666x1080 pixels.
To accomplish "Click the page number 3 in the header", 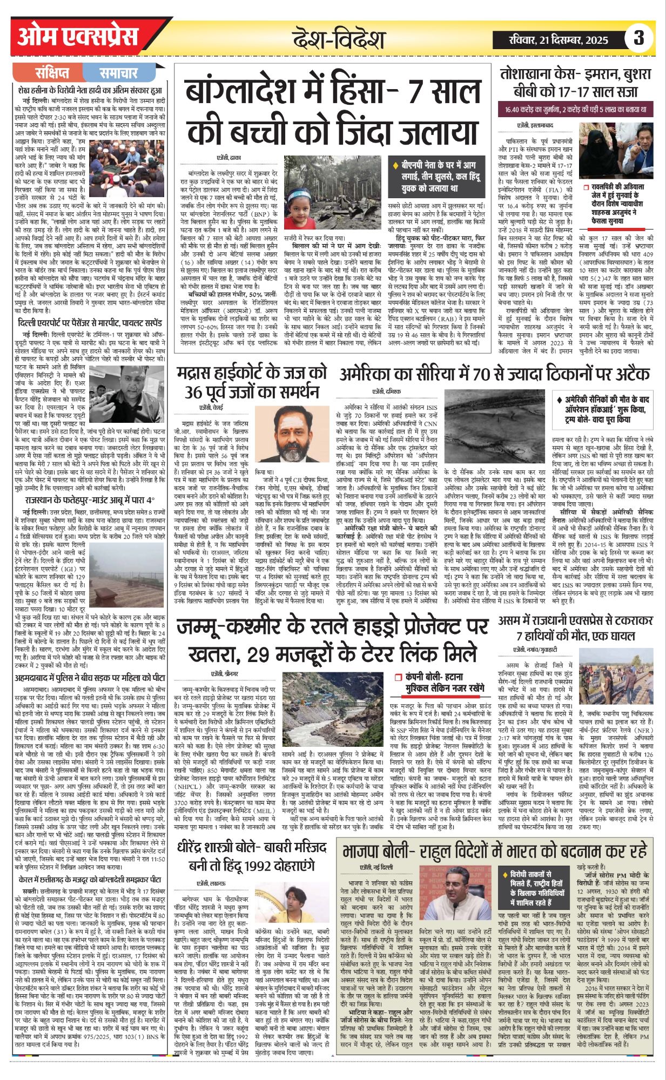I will tap(638, 39).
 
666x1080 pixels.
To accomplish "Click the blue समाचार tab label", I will tap(118, 73).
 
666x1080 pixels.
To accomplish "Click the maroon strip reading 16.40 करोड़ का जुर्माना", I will tap(576, 110).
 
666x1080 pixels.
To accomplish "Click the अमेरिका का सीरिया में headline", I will tap(494, 374).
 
